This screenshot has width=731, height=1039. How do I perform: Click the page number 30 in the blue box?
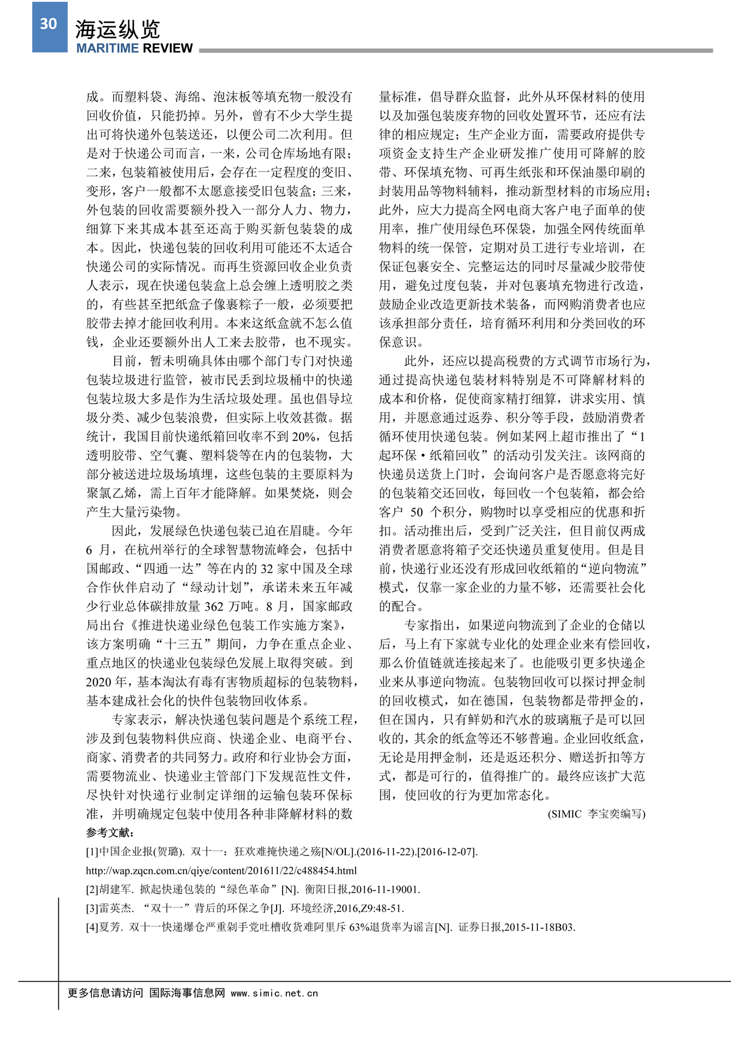49,24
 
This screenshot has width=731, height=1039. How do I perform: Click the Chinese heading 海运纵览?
118,29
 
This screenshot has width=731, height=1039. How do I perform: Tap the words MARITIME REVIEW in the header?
135,49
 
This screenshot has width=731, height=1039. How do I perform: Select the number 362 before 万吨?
214,607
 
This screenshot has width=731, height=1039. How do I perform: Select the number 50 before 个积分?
417,513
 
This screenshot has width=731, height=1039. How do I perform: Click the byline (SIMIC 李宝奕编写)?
596,814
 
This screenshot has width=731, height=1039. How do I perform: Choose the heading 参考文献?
110,833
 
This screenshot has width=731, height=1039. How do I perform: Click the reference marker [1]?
92,852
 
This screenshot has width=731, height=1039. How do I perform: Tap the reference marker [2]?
92,890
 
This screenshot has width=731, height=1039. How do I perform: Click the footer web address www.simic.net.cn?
274,993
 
